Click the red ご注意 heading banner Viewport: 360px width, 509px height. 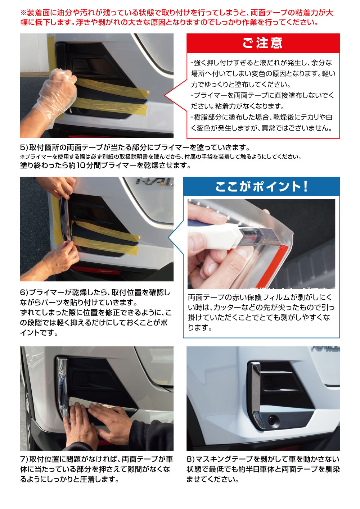coord(263,43)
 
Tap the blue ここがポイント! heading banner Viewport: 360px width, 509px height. coord(261,186)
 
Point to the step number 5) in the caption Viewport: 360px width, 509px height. coord(24,147)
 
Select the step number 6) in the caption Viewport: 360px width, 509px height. coord(24,292)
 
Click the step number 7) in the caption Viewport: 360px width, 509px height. coord(24,459)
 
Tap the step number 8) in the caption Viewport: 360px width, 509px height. coord(190,459)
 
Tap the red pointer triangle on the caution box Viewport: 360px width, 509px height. coord(176,96)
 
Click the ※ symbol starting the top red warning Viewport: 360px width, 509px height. coord(24,13)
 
